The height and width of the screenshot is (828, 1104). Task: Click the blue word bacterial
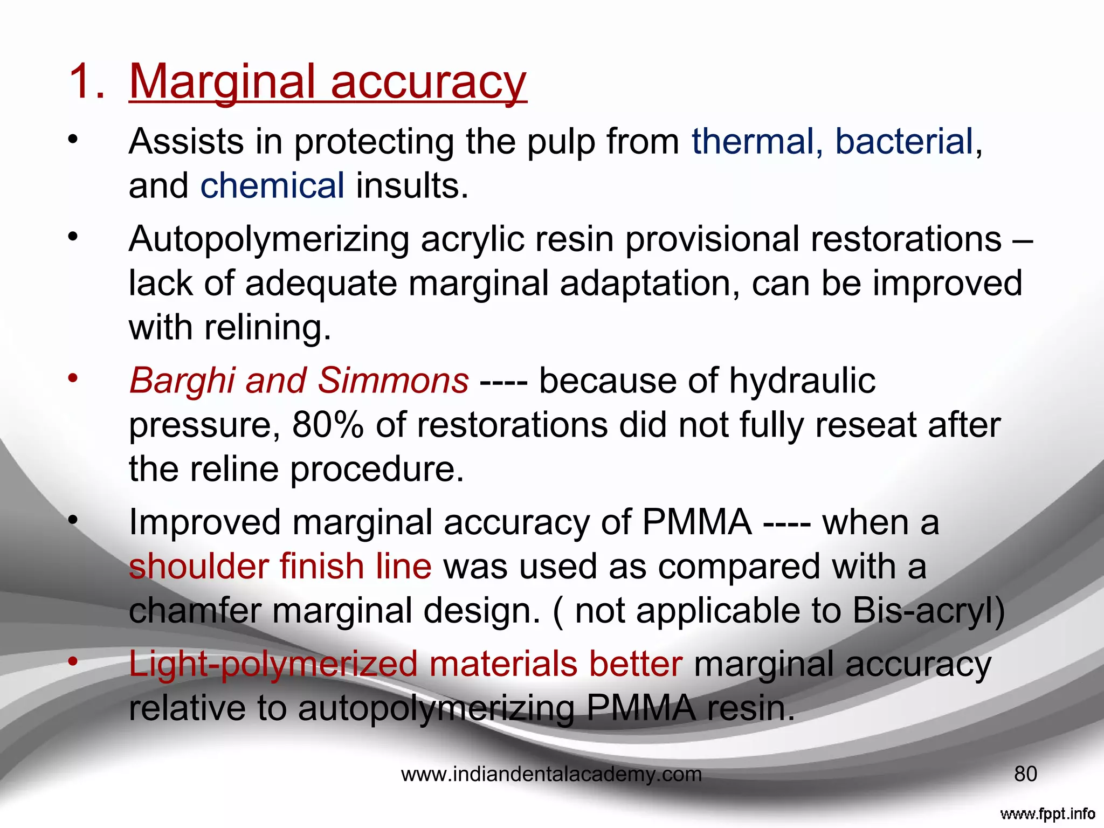coord(904,142)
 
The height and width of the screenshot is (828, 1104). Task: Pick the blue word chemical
coord(272,187)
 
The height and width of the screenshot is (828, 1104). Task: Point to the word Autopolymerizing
coord(268,240)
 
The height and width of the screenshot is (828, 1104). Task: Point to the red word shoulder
coord(198,567)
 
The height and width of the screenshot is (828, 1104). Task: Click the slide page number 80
coord(1025,774)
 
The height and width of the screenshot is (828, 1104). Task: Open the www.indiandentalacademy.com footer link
coord(551,775)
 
